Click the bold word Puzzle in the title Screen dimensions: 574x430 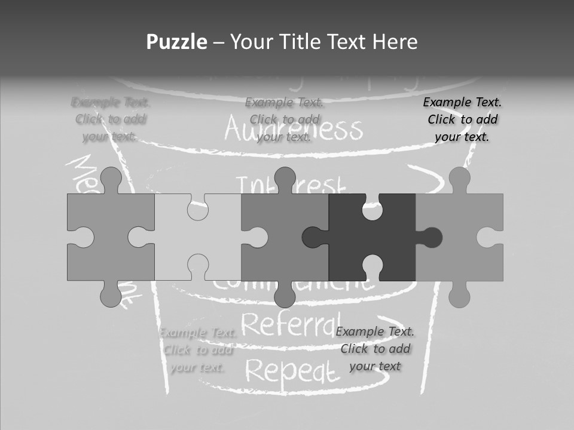point(177,42)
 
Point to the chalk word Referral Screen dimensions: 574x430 point(291,324)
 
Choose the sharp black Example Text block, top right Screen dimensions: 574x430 point(462,119)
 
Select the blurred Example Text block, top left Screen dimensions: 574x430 point(111,119)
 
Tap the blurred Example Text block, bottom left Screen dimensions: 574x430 point(198,350)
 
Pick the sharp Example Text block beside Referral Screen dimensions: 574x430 point(375,349)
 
